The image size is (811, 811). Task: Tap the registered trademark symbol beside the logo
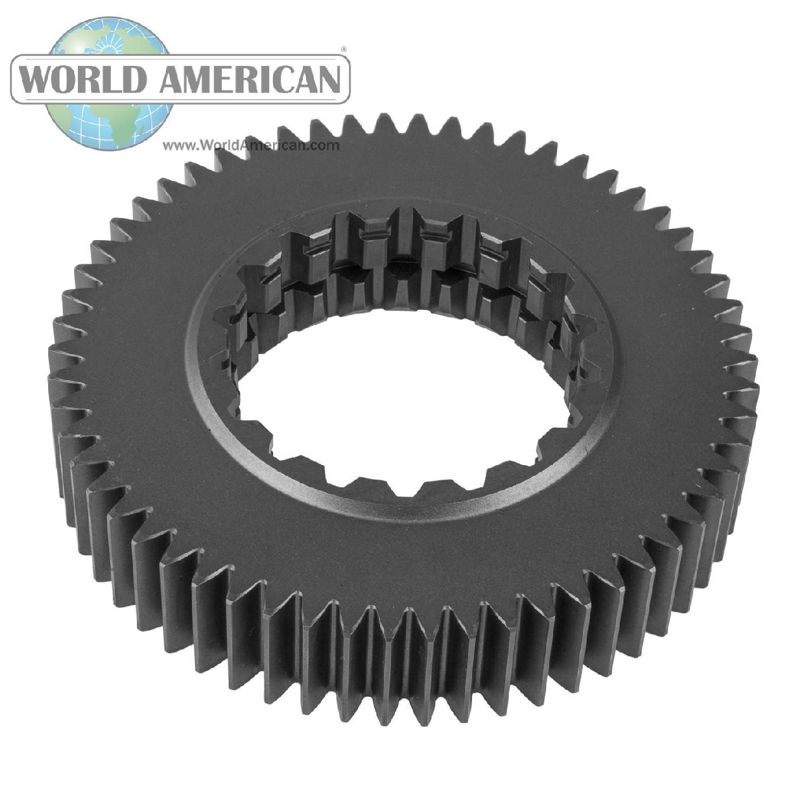point(344,48)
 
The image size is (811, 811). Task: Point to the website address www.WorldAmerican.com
point(251,145)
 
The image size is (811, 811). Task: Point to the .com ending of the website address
point(325,145)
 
